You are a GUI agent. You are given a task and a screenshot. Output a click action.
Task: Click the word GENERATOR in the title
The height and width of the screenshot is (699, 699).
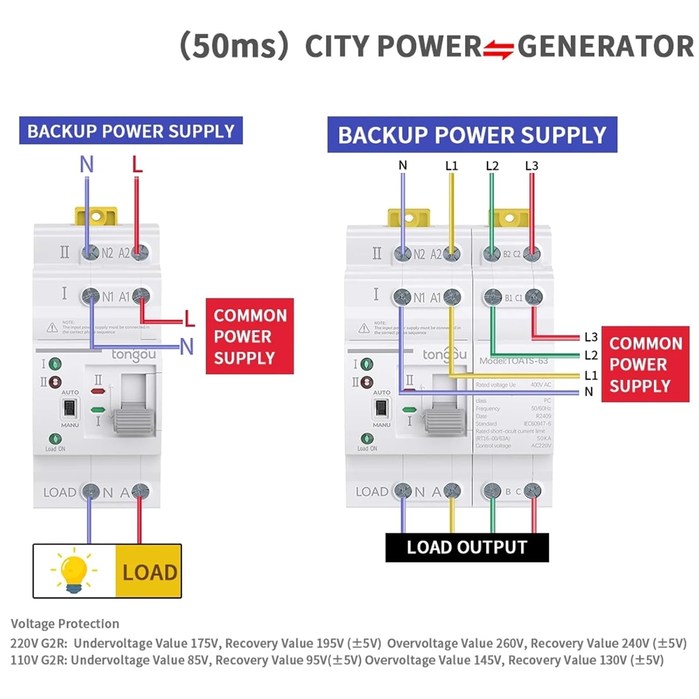[x=605, y=47]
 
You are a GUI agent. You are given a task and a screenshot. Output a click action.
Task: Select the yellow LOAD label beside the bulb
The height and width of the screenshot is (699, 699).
[x=149, y=572]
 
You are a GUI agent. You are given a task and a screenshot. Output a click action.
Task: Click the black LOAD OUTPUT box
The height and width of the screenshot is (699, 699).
[x=467, y=548]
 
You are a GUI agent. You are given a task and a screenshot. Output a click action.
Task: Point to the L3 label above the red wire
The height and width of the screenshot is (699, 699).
[x=531, y=166]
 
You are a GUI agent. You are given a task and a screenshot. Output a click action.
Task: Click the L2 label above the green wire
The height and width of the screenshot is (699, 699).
[x=492, y=166]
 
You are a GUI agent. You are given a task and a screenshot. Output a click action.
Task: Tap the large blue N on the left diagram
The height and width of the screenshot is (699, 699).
[x=87, y=164]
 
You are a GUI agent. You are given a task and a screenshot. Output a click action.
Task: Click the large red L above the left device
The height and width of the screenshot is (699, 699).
[x=137, y=164]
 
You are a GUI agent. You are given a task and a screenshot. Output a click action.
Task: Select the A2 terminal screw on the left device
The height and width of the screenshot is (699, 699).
[x=140, y=252]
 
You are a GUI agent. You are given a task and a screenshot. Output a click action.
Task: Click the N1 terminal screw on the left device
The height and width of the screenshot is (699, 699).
[x=90, y=296]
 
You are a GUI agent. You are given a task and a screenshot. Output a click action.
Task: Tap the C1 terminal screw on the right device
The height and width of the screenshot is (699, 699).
[x=534, y=296]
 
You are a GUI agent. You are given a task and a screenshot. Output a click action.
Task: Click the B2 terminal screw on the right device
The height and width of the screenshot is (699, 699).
[x=492, y=254]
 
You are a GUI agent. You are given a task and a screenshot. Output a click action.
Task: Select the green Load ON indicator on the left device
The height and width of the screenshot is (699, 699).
[x=55, y=439]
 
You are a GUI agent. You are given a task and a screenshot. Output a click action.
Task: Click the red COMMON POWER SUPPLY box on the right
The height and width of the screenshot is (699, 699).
[x=645, y=364]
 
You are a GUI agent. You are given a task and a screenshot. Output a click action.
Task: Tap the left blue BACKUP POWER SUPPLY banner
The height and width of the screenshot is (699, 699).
[x=131, y=131]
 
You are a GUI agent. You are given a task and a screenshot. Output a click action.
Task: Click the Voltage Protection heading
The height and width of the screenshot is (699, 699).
[x=65, y=624]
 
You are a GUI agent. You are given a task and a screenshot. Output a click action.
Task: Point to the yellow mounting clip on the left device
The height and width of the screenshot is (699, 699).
[x=96, y=216]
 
